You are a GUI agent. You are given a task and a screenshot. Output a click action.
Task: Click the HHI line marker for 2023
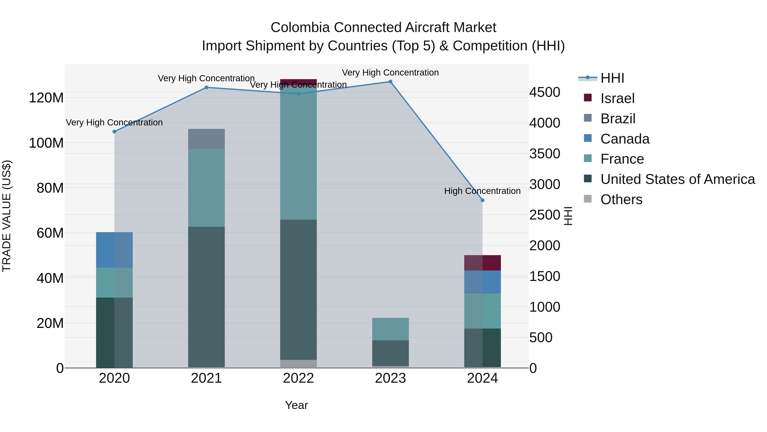point(390,82)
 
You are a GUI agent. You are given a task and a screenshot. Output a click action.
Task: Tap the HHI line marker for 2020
point(114,131)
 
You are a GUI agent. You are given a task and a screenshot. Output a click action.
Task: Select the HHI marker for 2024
point(482,200)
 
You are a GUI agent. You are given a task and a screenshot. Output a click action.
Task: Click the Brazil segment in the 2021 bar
point(206,139)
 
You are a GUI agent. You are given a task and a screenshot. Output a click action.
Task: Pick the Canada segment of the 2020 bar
point(114,250)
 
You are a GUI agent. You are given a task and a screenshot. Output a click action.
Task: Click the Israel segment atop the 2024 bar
point(482,263)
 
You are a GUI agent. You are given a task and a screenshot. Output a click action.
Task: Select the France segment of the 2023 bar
point(390,329)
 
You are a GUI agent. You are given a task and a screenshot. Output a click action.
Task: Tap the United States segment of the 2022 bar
point(298,289)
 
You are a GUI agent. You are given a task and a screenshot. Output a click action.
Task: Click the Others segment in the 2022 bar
point(298,364)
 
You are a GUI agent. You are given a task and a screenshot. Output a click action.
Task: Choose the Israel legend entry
point(617,98)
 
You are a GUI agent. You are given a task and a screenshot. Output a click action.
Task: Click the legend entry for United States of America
point(677,179)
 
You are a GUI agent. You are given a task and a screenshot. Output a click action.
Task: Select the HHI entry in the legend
point(612,78)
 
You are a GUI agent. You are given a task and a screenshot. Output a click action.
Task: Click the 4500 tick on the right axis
point(545,92)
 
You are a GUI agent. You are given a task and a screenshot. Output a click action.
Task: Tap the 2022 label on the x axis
point(298,378)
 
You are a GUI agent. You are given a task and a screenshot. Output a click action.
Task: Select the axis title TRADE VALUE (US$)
point(7,216)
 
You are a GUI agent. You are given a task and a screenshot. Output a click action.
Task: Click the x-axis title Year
point(296,405)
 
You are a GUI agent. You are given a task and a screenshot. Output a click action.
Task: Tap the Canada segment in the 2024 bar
point(482,282)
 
